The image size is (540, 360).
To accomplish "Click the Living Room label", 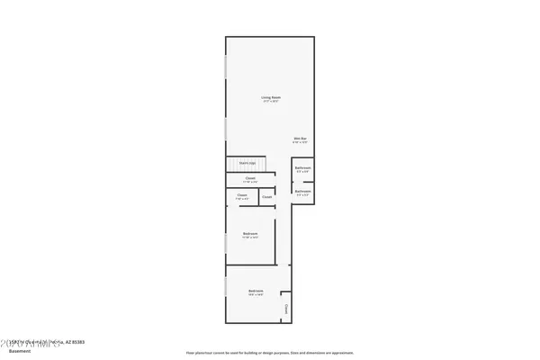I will [x=269, y=97].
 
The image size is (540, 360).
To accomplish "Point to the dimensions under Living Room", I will [x=269, y=102].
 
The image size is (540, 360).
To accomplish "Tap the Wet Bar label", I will [x=300, y=138].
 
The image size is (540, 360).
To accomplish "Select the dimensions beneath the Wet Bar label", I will [x=300, y=142].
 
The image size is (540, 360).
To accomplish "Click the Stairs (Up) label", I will [x=247, y=162].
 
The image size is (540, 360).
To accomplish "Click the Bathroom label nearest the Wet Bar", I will [x=302, y=167].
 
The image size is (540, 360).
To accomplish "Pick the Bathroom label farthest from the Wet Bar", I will [x=302, y=191].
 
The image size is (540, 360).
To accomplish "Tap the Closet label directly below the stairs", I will [x=250, y=178].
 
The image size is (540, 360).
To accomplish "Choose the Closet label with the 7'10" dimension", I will [x=242, y=195].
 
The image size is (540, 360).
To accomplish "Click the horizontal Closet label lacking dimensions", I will [x=267, y=195].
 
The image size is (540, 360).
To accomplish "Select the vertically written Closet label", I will [x=286, y=309].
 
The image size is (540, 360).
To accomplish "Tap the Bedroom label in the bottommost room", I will [x=256, y=292].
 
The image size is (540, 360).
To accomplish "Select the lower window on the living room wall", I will [x=225, y=126].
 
